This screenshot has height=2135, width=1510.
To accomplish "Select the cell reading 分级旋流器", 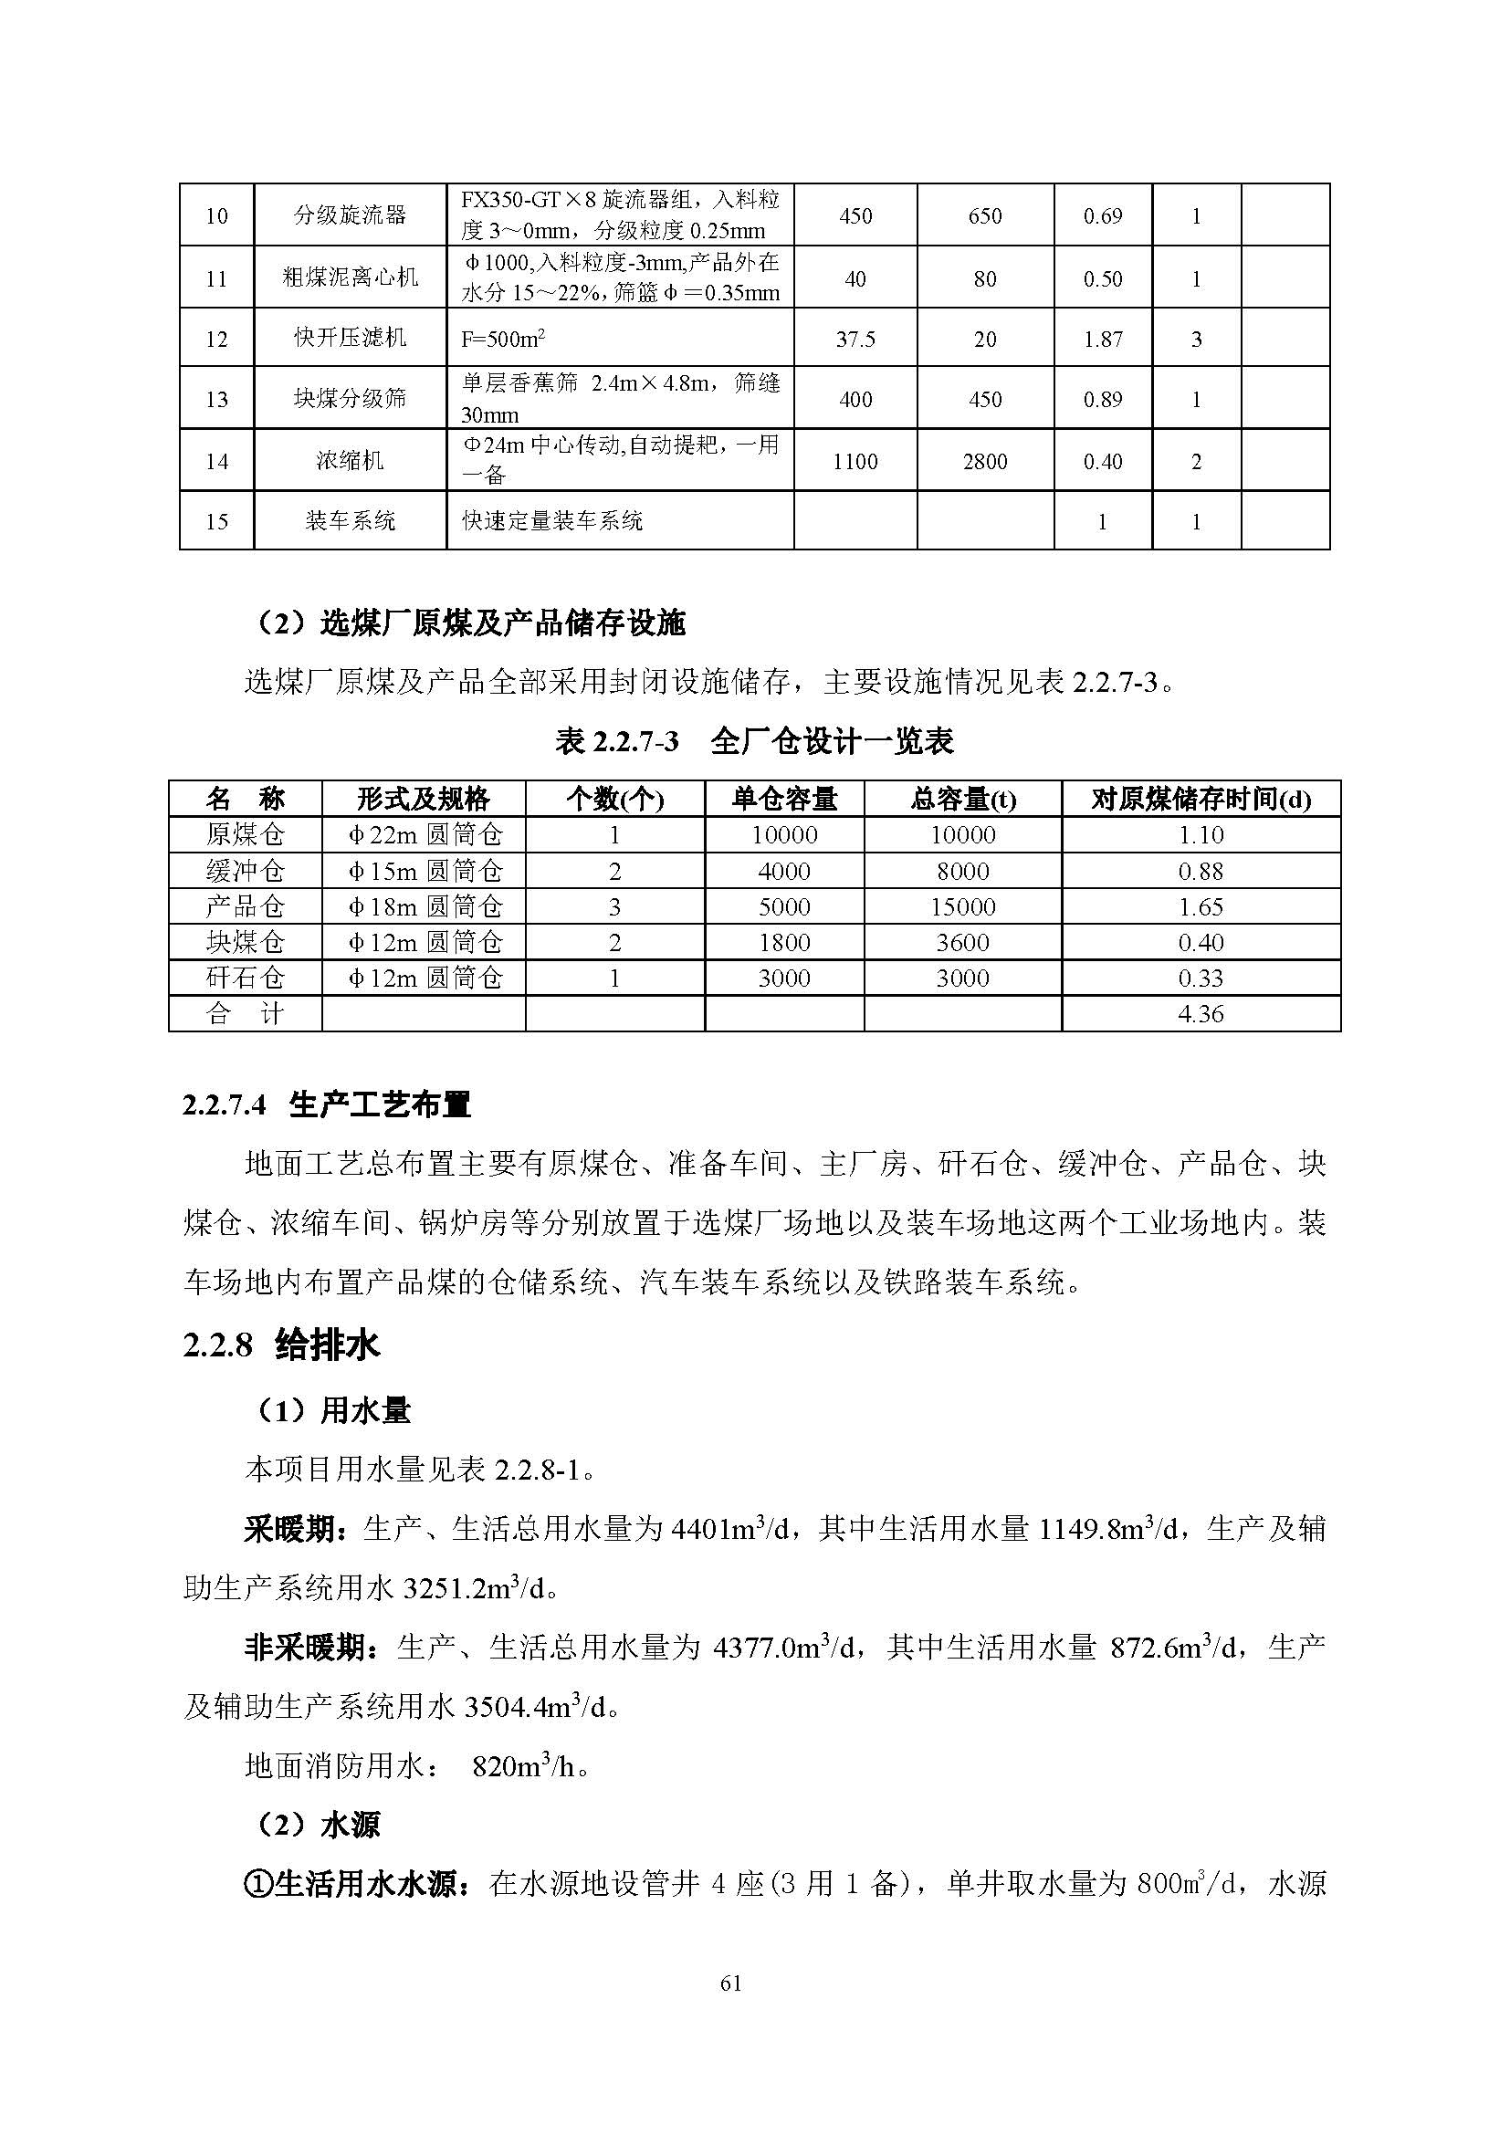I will [350, 215].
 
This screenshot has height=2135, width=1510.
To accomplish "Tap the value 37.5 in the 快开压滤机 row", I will [855, 340].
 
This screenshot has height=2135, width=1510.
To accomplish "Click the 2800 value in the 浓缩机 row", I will [985, 461].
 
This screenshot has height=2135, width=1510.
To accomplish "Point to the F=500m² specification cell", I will [503, 340].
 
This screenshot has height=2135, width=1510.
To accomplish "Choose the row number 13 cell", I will [216, 400].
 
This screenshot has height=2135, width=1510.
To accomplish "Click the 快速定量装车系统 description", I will [552, 520].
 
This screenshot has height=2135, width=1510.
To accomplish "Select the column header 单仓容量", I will [784, 799].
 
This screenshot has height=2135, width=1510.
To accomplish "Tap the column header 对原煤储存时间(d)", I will [1201, 799].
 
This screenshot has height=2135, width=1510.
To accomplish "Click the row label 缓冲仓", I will [246, 872].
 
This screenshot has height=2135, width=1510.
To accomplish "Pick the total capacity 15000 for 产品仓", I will [962, 906].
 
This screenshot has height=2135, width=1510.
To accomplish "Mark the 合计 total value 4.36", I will [1201, 1013].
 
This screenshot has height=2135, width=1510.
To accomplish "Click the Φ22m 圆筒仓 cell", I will [424, 835].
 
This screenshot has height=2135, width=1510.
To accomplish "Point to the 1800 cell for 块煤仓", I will [784, 942].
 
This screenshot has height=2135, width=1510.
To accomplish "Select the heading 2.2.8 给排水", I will [282, 1345].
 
